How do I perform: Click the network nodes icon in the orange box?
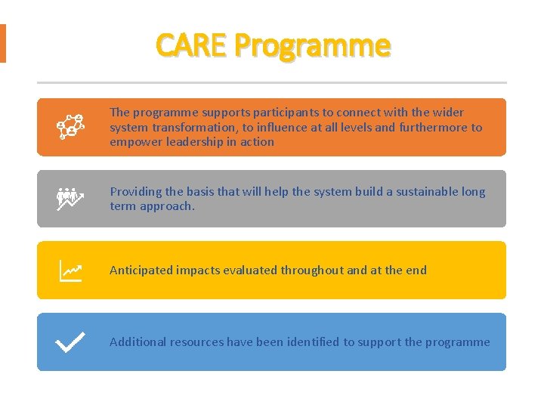(x=70, y=127)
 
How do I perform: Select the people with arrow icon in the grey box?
(x=70, y=199)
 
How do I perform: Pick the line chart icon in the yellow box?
(x=70, y=270)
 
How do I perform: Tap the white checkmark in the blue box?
(x=70, y=342)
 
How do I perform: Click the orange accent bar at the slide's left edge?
(x=2, y=43)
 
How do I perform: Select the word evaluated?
(x=252, y=270)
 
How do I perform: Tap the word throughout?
(x=312, y=270)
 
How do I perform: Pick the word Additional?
(x=138, y=342)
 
